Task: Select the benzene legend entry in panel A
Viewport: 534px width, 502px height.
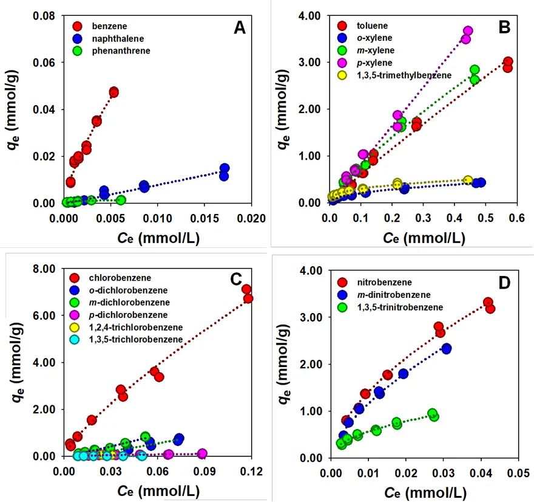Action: point(109,27)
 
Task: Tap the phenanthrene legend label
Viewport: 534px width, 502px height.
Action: point(121,51)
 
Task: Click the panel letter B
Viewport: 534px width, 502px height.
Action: point(505,28)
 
